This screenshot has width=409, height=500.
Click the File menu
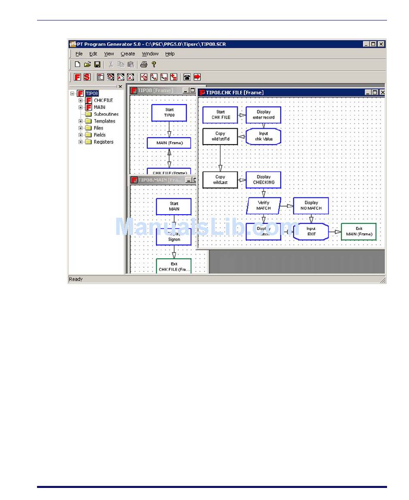79,54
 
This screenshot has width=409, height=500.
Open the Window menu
150,54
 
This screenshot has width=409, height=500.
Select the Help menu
170,54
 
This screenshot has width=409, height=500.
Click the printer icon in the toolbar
144,65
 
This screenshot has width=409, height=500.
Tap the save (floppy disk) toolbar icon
97,65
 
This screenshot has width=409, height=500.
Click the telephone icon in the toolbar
187,77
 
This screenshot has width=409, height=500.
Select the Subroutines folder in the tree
106,114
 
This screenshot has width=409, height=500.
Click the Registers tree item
103,142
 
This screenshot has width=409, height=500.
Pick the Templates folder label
104,121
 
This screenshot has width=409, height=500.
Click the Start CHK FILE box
220,115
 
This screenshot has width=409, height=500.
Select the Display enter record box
263,115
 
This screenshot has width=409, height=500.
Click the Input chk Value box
263,136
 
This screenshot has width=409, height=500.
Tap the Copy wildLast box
220,179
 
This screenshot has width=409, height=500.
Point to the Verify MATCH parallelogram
263,206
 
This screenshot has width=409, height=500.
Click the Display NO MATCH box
311,206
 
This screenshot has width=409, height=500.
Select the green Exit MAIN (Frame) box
359,231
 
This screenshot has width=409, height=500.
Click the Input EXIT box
311,231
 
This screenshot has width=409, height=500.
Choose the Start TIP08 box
169,113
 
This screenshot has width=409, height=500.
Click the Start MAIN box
174,207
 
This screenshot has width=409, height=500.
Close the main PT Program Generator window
381,44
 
